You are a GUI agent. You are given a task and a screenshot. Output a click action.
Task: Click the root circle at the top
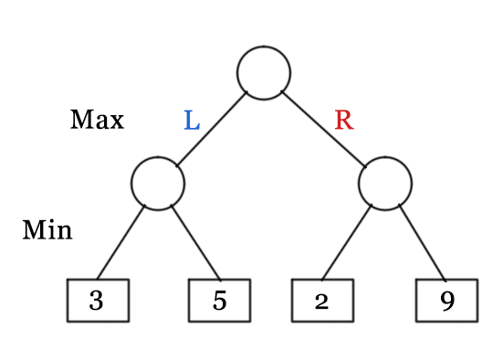[x=264, y=72]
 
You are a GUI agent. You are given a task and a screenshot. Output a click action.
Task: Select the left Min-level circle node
[x=158, y=183]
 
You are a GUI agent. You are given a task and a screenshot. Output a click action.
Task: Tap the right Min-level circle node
[x=385, y=183]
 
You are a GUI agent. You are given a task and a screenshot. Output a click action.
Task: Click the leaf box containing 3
[x=97, y=301]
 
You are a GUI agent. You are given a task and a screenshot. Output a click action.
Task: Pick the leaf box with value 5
[x=219, y=301]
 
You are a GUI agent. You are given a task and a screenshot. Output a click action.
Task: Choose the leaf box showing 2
[x=322, y=301]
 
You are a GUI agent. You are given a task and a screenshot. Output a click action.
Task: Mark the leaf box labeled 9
[x=446, y=301]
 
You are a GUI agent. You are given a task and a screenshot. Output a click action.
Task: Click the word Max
[x=97, y=120]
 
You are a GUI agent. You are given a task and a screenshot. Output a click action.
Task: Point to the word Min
[x=47, y=230]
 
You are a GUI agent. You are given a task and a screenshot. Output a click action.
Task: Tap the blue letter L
[x=191, y=121]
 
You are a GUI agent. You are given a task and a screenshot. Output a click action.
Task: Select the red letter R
[x=343, y=121]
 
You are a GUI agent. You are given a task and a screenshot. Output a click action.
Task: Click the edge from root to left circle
[x=212, y=128]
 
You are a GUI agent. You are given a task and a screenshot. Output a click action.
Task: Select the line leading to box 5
[x=195, y=242]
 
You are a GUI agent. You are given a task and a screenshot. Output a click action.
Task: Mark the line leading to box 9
[x=422, y=242]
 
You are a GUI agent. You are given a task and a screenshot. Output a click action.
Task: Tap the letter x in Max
[x=116, y=122]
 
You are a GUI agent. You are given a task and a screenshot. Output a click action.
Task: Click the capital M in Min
[x=34, y=230]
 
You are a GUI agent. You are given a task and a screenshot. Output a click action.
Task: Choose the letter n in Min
[x=63, y=232]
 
